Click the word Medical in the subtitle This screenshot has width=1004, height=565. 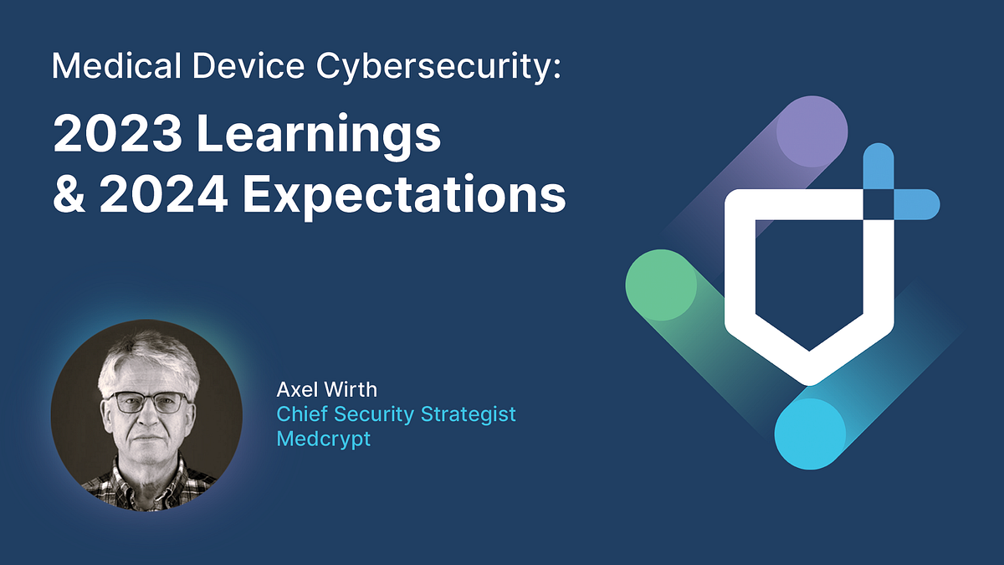click(108, 64)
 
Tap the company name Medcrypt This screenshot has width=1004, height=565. click(323, 439)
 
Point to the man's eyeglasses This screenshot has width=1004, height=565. click(147, 403)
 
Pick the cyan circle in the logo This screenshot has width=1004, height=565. click(809, 434)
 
